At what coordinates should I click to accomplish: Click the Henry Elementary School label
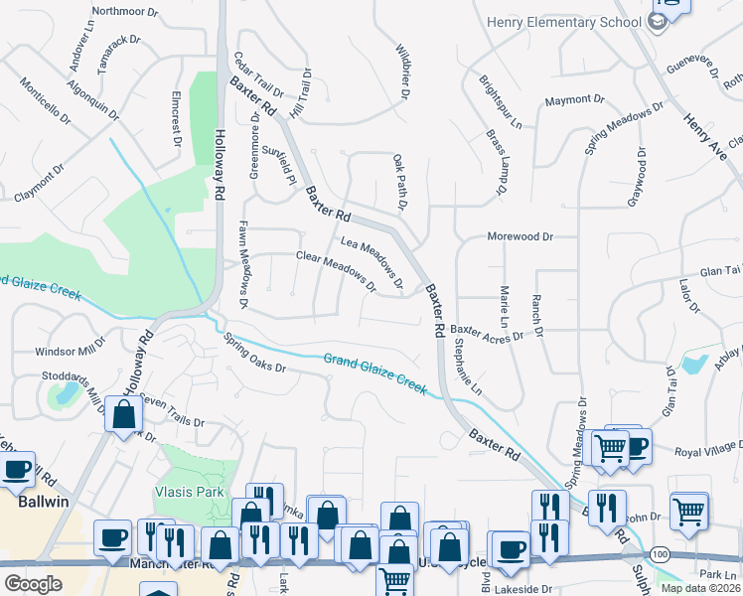coord(563,23)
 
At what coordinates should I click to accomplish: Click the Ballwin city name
coord(43,502)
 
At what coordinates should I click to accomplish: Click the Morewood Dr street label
coord(519,236)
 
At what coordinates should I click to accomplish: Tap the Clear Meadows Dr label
coord(336,271)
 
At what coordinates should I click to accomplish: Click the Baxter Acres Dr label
coord(487,334)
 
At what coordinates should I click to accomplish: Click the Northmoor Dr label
coord(124,12)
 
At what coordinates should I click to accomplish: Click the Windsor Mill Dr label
coord(70,351)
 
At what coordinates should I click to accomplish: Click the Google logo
coord(33,583)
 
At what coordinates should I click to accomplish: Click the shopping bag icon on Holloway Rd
coord(124,415)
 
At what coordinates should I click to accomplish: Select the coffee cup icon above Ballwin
coord(15,473)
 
